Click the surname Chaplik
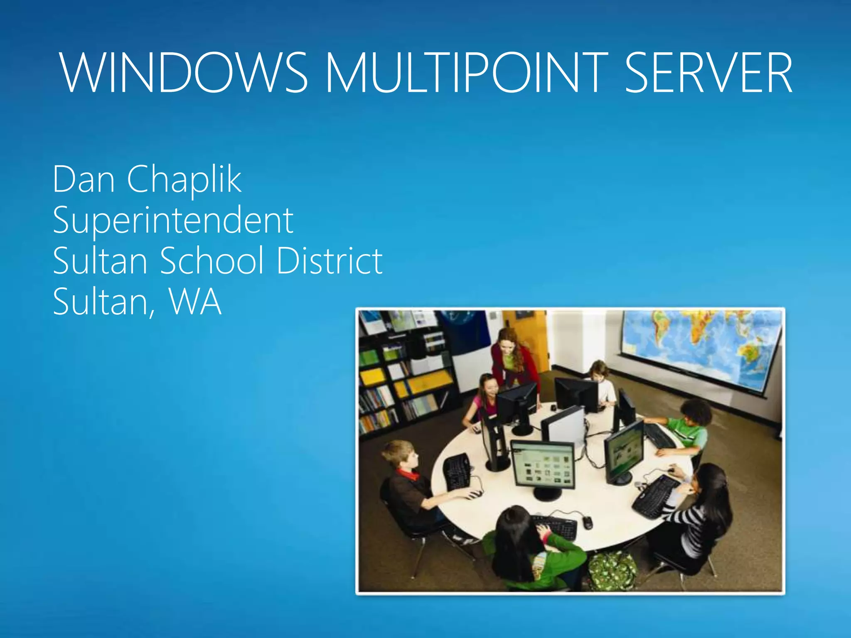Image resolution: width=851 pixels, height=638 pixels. (x=184, y=179)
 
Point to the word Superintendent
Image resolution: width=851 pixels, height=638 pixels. (x=173, y=220)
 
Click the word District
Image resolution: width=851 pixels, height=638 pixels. (x=329, y=260)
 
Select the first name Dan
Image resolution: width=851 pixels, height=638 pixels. (x=84, y=179)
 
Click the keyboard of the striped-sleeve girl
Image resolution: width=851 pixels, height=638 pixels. (x=657, y=496)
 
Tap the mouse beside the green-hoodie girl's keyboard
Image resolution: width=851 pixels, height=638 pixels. (x=587, y=522)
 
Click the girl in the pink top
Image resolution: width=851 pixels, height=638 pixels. (x=484, y=399)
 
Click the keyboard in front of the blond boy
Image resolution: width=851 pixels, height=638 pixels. (x=457, y=471)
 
